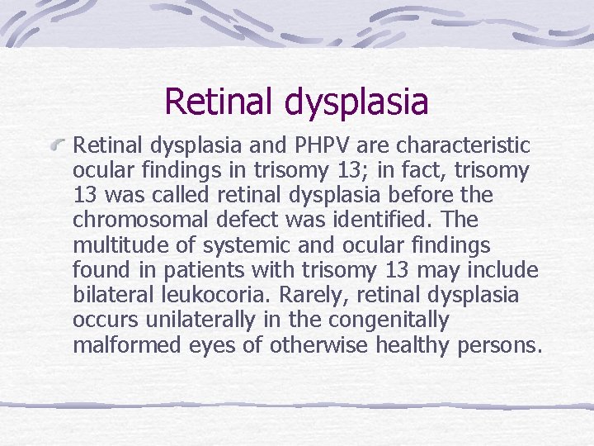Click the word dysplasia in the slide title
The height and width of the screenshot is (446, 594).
click(357, 102)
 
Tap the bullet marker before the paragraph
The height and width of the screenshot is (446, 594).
click(57, 147)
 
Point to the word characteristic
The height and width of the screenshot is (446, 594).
click(463, 146)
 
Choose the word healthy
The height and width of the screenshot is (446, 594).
click(409, 344)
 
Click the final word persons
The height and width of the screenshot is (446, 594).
click(500, 344)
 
